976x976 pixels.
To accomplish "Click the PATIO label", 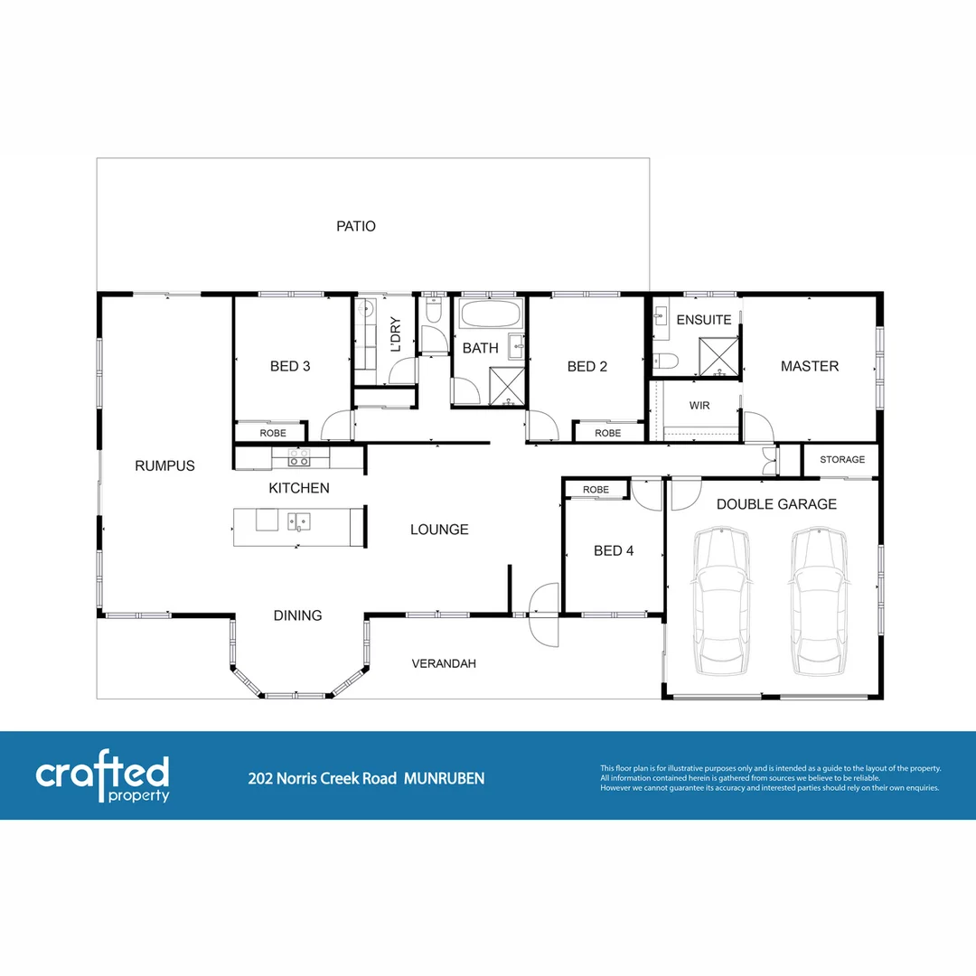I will (356, 227).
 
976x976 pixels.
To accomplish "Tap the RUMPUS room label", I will (164, 466).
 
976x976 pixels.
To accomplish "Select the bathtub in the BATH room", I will (490, 316).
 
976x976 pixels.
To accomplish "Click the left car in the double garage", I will (722, 601).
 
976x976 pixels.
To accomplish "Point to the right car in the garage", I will (819, 601).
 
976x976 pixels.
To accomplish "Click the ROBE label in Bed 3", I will (273, 434).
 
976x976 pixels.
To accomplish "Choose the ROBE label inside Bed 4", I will (596, 490).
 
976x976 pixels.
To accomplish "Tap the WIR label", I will (699, 406).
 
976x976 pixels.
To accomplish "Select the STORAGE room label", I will (842, 460).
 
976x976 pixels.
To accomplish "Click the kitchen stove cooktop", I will (298, 458).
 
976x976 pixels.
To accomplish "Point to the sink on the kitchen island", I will (298, 521).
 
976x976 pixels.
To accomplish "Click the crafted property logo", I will (102, 776).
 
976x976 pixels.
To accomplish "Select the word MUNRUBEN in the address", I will (444, 778).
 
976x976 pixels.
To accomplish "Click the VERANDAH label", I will (444, 664).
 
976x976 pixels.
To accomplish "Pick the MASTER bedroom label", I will (810, 366).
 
